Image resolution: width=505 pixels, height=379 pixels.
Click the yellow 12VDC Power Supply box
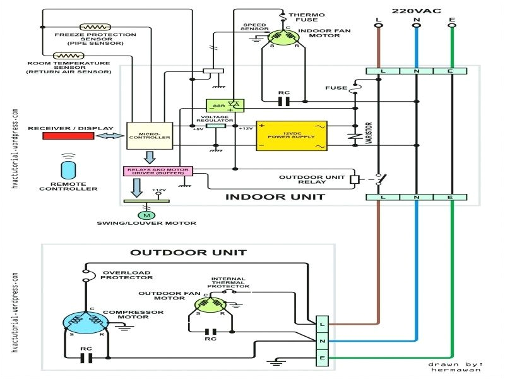click(x=291, y=136)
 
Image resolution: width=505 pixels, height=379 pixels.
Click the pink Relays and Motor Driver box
click(x=157, y=171)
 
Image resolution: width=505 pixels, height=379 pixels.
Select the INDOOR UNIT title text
click(x=275, y=197)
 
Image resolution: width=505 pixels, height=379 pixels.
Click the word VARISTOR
click(x=368, y=133)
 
